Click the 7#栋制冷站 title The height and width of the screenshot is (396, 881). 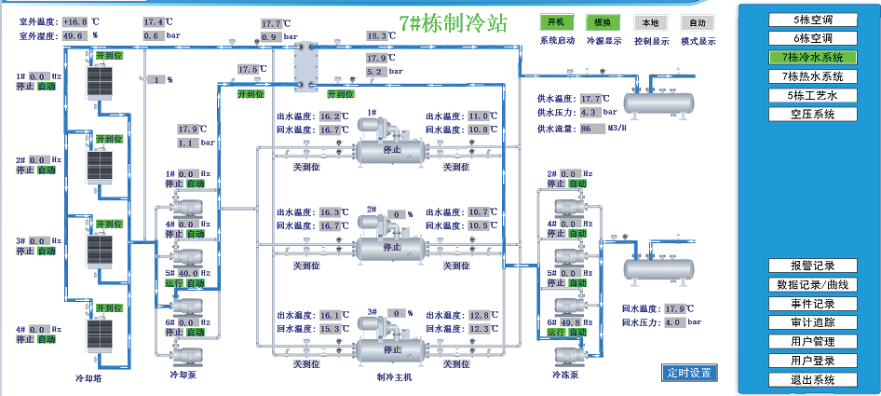tap(453, 22)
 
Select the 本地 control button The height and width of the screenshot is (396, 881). tap(651, 21)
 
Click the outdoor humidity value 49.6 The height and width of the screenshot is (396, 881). tap(74, 36)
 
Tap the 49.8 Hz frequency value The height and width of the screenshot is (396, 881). tap(576, 321)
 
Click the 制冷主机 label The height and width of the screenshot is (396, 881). tap(393, 376)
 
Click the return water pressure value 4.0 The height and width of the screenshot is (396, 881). tap(674, 322)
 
